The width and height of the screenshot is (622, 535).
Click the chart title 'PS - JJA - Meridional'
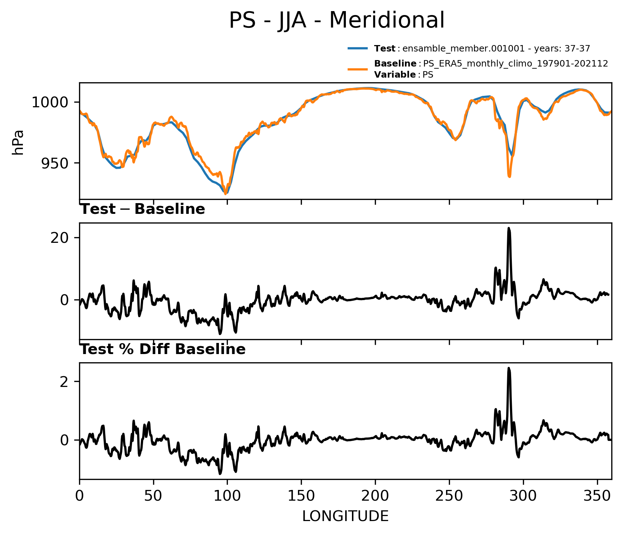click(x=337, y=20)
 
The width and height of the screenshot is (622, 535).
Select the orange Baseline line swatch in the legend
click(x=357, y=69)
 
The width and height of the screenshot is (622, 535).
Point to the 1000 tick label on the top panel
click(x=50, y=103)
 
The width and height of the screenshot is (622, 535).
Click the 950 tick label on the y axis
click(x=54, y=163)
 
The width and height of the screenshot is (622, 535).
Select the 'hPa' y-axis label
click(x=18, y=142)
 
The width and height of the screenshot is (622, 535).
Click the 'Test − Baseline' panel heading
click(x=142, y=209)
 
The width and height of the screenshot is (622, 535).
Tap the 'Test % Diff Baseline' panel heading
click(x=163, y=349)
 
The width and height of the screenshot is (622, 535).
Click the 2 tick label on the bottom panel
click(x=64, y=382)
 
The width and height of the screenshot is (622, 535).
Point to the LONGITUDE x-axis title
click(x=345, y=516)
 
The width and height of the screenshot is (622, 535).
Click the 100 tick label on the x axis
click(x=227, y=496)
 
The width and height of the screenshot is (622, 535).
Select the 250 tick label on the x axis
click(x=449, y=496)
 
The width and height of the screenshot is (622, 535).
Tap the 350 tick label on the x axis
click(x=597, y=496)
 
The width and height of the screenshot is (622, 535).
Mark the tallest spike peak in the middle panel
click(x=509, y=228)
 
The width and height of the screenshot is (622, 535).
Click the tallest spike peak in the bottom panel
click(x=509, y=368)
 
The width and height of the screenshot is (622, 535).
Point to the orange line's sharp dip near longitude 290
click(x=509, y=176)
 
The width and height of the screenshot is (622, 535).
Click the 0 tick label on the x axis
click(x=80, y=496)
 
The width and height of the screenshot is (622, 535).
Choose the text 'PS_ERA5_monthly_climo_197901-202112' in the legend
click(x=515, y=64)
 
